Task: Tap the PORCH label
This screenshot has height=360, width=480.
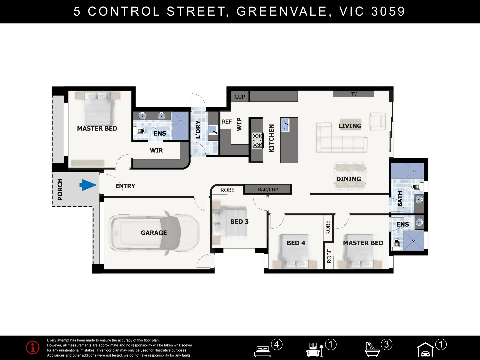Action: (x=60, y=189)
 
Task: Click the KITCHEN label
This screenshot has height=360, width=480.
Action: (x=271, y=138)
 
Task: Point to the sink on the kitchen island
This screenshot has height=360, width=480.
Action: (x=285, y=125)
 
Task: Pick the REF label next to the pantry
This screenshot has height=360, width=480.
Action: (x=227, y=122)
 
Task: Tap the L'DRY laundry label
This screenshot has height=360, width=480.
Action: (x=198, y=130)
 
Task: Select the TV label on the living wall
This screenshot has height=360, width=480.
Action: (x=354, y=94)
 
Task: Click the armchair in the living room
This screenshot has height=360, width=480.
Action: (x=378, y=121)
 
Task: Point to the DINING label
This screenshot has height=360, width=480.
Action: (x=348, y=179)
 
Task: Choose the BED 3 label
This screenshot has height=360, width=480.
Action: (x=239, y=222)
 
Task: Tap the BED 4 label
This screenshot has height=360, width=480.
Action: (x=296, y=243)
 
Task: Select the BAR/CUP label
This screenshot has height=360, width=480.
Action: (x=268, y=190)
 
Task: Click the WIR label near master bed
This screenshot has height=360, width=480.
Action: (x=156, y=150)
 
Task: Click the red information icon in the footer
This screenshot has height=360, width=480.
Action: (x=33, y=348)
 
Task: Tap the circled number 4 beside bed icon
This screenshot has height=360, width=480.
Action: (x=277, y=344)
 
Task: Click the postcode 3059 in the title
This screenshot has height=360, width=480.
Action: (x=388, y=11)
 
